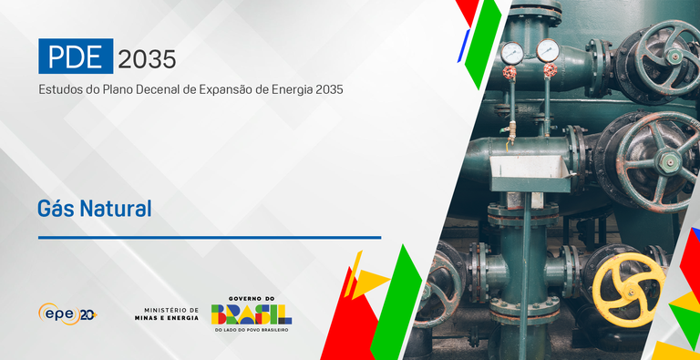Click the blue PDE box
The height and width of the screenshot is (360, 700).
pos(76,57)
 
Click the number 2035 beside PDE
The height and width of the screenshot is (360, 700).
pos(147,58)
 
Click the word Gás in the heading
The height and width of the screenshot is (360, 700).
pos(55,208)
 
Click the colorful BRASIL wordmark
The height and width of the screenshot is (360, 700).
pos(252,314)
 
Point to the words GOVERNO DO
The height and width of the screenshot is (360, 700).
pos(252,298)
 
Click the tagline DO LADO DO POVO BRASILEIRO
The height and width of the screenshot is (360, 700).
pos(252,330)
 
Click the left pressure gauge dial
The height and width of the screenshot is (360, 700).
pos(512,53)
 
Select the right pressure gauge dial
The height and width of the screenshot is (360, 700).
pos(548,49)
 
